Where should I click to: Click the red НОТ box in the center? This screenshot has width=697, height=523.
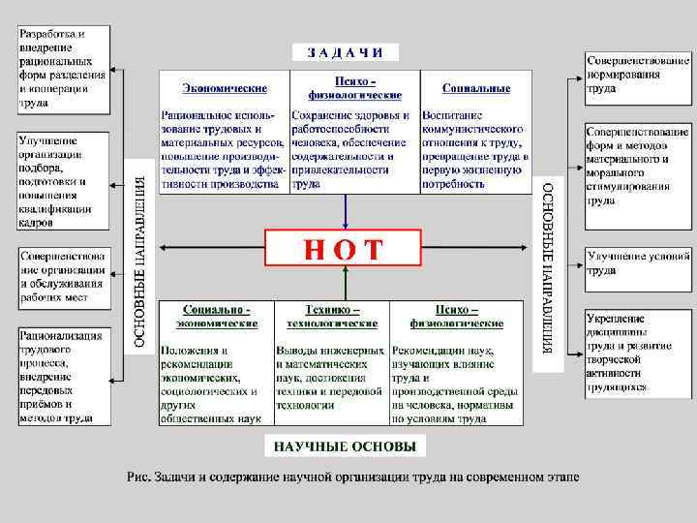344,248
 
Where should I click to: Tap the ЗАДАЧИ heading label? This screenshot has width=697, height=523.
346,52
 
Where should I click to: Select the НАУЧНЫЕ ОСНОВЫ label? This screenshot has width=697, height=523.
345,446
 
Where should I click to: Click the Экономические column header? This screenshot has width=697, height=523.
225,88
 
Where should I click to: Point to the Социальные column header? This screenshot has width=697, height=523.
476,88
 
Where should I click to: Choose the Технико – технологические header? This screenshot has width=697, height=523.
331,317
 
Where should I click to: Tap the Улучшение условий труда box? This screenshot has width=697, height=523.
637,263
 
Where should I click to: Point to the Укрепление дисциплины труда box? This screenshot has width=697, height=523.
637,352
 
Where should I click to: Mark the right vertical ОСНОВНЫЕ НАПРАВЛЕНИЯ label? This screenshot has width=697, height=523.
547,267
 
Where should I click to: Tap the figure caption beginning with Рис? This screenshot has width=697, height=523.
352,477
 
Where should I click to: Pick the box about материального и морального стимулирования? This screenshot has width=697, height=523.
637,165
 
